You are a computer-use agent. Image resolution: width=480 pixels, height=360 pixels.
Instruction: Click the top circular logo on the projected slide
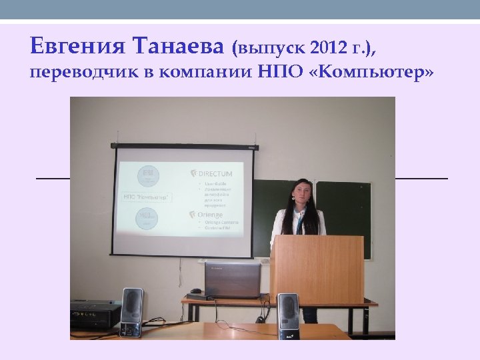tap(148, 176)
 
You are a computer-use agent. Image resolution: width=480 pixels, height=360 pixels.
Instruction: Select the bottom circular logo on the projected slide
tap(147, 219)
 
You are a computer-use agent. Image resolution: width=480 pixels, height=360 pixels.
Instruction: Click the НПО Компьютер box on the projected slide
tap(146, 197)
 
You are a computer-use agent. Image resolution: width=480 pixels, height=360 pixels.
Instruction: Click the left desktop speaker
tap(131, 312)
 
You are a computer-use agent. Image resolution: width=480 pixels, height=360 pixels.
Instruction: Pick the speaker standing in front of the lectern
tap(288, 315)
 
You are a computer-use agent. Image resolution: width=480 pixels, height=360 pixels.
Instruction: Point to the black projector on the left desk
tap(95, 313)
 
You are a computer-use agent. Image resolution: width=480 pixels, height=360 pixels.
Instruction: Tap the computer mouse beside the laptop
tap(195, 291)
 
